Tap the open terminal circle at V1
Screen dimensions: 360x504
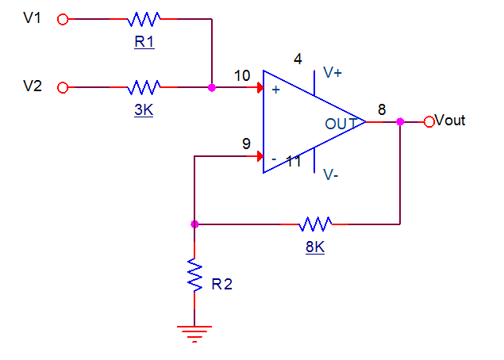tap(63, 20)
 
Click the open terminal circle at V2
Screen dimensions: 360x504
tap(63, 87)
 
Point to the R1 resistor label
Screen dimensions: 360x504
tap(144, 43)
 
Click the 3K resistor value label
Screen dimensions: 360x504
tap(144, 111)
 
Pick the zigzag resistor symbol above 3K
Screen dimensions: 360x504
tap(144, 86)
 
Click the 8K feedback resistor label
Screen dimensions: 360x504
tap(315, 247)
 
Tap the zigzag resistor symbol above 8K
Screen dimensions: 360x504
tap(315, 224)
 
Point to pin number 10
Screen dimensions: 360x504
tap(242, 75)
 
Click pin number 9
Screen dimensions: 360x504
tap(247, 144)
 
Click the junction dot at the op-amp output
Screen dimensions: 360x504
tap(400, 121)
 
